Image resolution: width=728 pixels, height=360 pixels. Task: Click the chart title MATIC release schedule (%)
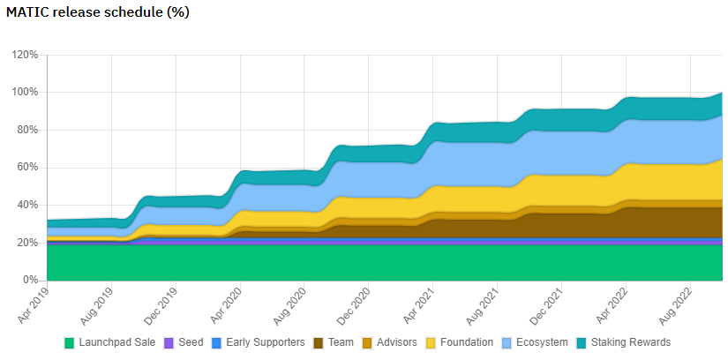[98, 13]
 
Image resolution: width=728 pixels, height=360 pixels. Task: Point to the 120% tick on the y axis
[25, 55]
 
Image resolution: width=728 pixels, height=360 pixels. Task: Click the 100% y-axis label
[25, 93]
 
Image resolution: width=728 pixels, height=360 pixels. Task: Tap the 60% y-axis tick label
[26, 168]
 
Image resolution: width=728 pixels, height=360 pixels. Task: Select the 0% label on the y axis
[30, 281]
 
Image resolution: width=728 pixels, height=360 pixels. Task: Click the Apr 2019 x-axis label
[32, 302]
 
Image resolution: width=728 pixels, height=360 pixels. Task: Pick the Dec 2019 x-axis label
[160, 302]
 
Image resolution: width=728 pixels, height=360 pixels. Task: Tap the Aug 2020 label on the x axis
[288, 302]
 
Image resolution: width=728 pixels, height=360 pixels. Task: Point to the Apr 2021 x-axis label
[417, 302]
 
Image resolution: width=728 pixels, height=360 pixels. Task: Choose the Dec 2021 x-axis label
[544, 302]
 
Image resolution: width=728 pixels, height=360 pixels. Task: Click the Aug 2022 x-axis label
[672, 302]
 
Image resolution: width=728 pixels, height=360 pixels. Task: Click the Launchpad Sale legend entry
[110, 342]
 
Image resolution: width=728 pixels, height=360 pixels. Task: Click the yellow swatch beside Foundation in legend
[432, 342]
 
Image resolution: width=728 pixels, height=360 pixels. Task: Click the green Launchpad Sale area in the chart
[353, 263]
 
